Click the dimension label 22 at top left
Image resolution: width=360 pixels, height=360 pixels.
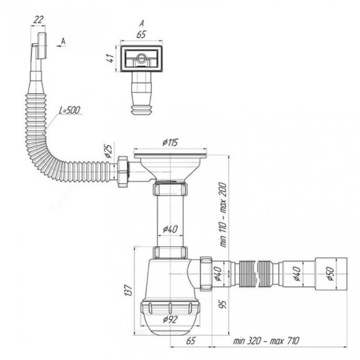38,20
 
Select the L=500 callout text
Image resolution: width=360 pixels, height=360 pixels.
69,110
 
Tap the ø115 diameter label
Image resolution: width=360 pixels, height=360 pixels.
170,143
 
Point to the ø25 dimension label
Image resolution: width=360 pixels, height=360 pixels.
108,151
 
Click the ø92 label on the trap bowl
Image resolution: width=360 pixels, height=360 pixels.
170,319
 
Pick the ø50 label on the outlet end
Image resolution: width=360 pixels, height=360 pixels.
331,274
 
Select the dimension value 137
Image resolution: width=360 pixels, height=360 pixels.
129,290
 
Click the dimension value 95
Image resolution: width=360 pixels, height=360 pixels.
223,304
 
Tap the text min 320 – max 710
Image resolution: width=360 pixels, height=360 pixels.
266,341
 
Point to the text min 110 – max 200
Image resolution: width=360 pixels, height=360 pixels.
223,215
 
